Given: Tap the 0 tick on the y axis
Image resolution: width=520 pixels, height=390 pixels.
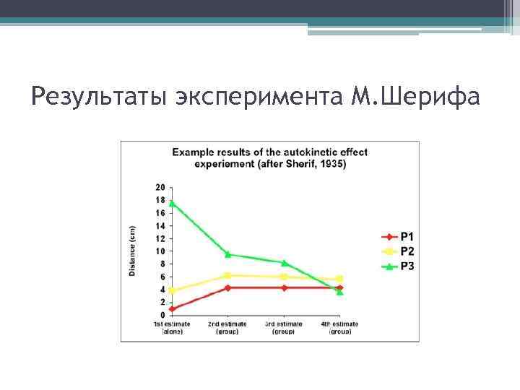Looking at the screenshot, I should click(x=162, y=315).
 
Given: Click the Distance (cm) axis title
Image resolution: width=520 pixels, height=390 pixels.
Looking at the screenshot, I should click(x=132, y=251).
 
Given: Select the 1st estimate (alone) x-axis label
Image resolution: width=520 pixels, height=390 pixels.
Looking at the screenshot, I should click(x=172, y=328).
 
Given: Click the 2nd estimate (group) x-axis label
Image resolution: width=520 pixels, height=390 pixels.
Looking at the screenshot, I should click(x=227, y=328).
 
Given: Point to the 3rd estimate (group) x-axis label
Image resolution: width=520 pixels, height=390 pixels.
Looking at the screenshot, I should click(x=284, y=328).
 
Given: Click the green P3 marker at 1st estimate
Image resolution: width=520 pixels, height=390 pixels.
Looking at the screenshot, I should click(x=172, y=203).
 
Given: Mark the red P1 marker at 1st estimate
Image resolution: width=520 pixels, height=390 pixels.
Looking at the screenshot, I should click(x=172, y=308).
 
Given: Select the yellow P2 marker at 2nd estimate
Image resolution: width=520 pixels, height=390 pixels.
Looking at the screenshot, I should click(x=227, y=275).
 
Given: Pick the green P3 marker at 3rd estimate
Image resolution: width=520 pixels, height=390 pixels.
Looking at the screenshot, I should click(x=284, y=262).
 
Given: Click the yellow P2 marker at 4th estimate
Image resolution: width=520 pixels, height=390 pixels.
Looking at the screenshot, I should click(x=339, y=279).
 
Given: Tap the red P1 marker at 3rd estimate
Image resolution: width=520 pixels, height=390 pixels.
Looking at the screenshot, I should click(x=284, y=287).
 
